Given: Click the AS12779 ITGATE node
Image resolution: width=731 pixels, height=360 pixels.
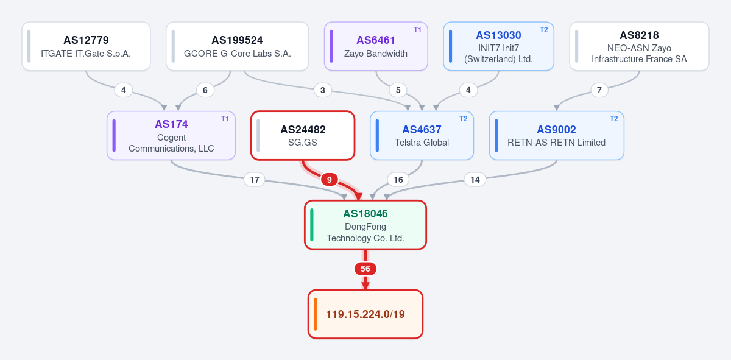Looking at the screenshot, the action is (86, 46).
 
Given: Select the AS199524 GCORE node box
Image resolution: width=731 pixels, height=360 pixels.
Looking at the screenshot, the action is (237, 46).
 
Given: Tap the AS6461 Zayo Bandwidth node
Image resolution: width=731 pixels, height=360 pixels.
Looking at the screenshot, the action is (376, 46).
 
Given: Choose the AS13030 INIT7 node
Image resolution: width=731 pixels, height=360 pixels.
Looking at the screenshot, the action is (499, 46).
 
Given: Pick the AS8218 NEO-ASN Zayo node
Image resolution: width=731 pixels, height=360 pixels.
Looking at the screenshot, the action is (639, 46).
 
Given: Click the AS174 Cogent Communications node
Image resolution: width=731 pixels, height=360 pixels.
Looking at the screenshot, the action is (171, 135).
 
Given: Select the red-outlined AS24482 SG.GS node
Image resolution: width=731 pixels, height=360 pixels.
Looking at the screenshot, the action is (303, 135).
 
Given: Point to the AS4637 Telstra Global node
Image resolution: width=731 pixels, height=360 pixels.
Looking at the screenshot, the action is (422, 135).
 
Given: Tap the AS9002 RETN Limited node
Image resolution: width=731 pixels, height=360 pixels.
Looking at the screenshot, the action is (557, 135).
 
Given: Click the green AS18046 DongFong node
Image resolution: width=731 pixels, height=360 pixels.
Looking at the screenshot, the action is (365, 225).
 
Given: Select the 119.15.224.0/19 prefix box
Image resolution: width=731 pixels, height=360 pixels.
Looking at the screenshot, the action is (365, 314).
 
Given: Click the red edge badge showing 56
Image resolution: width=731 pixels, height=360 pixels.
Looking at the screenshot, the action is (365, 269).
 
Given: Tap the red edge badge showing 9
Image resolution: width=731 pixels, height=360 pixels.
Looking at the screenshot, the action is (330, 180).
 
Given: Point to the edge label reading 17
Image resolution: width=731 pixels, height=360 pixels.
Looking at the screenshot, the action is (255, 180).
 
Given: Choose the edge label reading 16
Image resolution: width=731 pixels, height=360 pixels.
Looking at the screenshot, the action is (398, 180).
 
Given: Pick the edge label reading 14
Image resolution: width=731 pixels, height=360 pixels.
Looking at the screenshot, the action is (475, 180).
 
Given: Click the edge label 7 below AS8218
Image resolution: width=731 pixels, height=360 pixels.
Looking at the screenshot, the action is (599, 90).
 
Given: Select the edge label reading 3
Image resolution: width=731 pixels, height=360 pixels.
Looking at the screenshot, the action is (323, 90).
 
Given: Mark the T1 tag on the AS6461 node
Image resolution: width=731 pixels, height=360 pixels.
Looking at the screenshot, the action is (417, 30).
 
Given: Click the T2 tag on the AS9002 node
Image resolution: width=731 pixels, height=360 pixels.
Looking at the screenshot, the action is (614, 118).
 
